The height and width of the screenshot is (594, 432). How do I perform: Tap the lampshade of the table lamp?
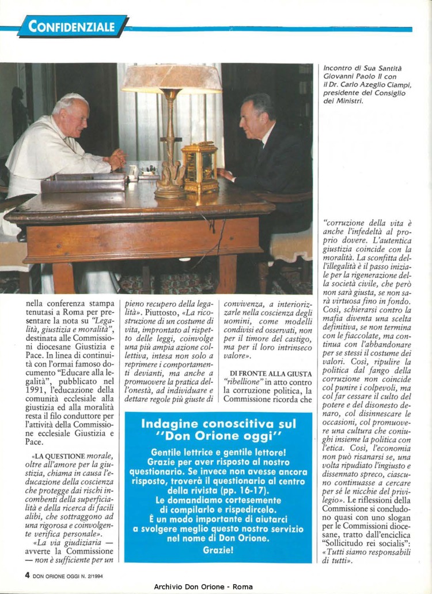tap(171, 78)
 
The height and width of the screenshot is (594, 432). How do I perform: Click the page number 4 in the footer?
tap(27, 574)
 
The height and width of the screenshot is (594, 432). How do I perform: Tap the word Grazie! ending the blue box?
tap(218, 550)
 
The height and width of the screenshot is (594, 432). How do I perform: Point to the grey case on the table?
tap(84, 182)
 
